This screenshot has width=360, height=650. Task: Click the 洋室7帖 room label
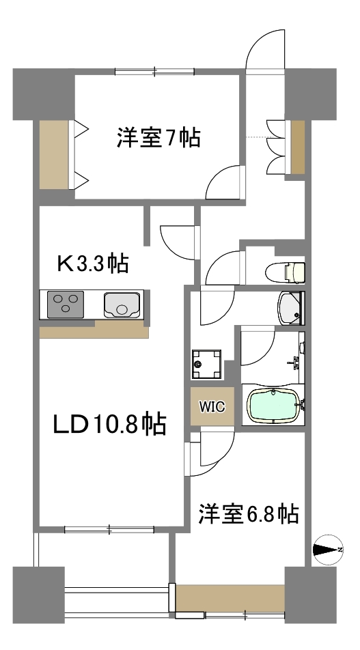click(158, 139)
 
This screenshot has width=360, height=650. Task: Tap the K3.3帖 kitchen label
click(93, 263)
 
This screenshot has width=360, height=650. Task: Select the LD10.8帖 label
click(110, 425)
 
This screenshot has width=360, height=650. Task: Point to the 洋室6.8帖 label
click(248, 513)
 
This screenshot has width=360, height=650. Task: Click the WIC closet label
click(212, 406)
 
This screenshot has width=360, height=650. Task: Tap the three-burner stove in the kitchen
click(65, 304)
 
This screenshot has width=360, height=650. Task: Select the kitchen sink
click(122, 304)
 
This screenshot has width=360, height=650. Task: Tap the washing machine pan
click(206, 363)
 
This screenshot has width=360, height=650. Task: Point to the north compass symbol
click(327, 549)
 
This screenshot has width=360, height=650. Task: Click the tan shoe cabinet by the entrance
click(298, 146)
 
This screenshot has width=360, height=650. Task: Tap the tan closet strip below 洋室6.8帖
click(231, 598)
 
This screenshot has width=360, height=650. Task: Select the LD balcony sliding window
click(110, 528)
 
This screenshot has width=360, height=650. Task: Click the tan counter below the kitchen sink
click(94, 330)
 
